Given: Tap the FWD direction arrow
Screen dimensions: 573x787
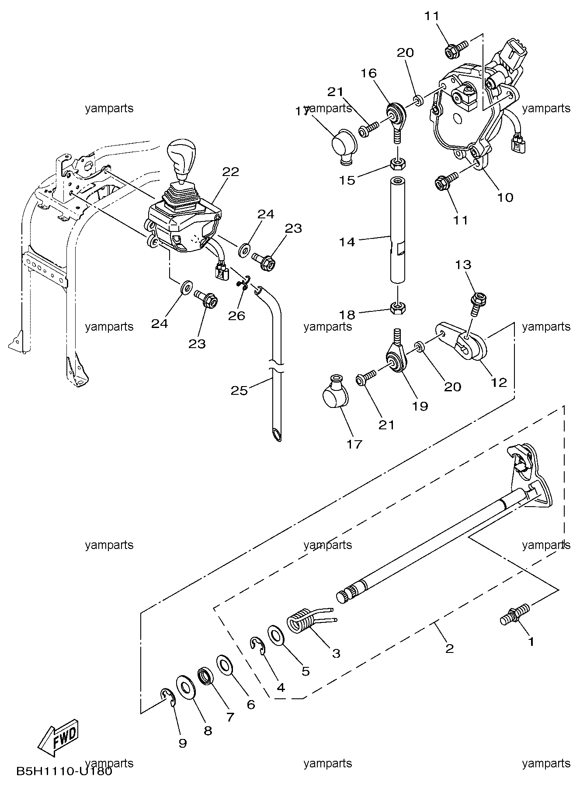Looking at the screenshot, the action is pos(58,737).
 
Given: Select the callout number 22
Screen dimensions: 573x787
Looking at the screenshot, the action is pos(230,172).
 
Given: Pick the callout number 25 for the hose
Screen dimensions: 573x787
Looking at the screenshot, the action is pos(239,390).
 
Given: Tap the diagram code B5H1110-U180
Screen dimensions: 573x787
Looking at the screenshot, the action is pos(65,771).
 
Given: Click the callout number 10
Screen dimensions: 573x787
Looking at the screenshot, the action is pos(505,197).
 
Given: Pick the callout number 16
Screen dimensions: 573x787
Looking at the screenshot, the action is pos(369,73).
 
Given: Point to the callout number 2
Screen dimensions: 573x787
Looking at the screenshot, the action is pos(449,648).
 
